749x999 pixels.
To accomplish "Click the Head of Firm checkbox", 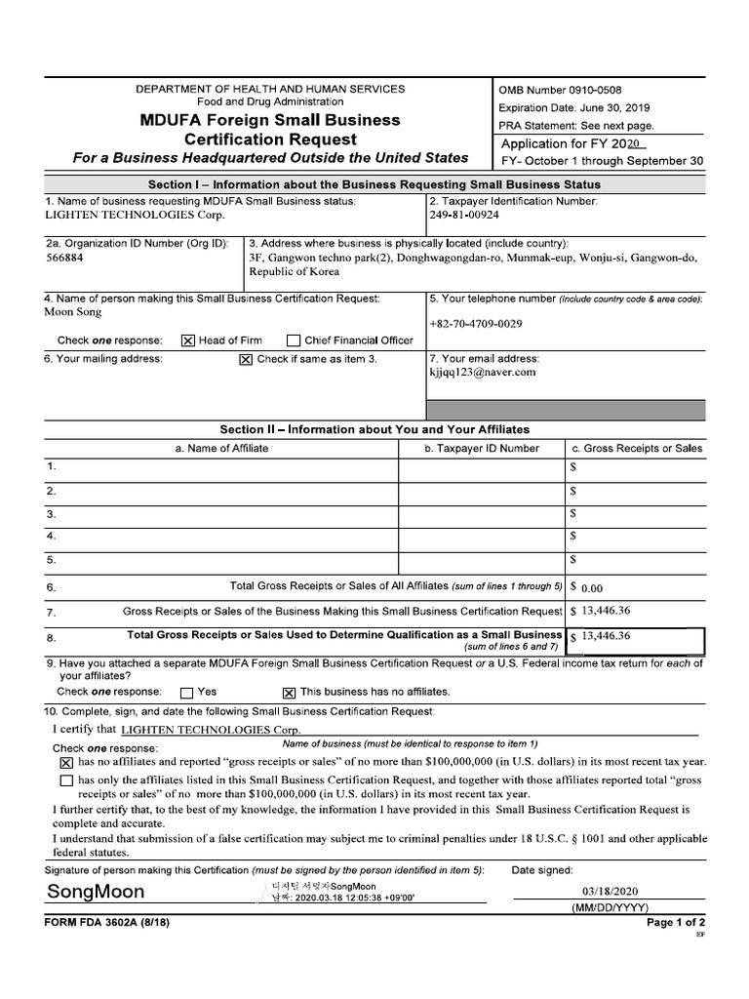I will coord(188,340).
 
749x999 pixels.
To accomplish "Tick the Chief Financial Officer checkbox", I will coord(294,340).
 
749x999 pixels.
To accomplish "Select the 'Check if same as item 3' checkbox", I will coord(246,359).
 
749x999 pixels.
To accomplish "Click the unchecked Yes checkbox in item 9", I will coord(187,692).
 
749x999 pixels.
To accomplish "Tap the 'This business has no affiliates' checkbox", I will coord(289,692).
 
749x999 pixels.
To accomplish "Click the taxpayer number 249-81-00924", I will coord(464,215).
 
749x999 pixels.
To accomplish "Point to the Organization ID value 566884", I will coord(64,259).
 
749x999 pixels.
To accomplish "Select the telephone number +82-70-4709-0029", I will coord(475,324).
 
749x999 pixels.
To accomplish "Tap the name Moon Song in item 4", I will coord(73,312).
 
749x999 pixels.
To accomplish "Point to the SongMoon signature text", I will coord(96,892).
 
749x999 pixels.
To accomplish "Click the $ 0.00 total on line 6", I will coord(592,588).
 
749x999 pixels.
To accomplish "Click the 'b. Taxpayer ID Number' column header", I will coord(482,448).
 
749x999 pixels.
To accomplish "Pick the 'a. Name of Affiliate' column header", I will coord(221,448).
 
